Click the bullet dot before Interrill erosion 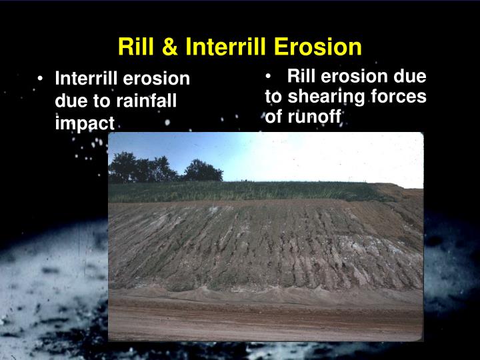click(41, 79)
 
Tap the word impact click(85, 123)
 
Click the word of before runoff click(273, 118)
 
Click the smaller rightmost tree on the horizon click(203, 171)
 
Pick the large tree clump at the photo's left click(140, 168)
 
